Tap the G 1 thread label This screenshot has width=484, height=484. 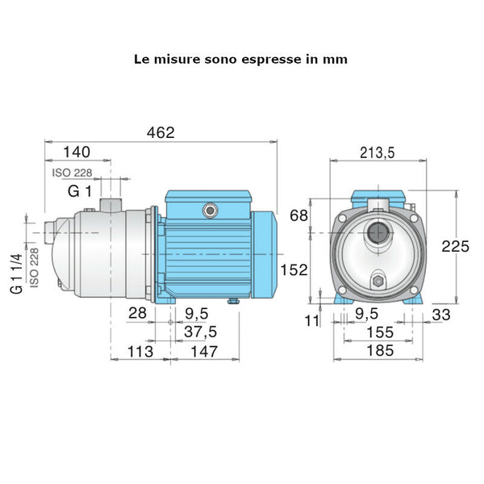pos(79,191)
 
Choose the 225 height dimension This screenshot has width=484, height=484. pos(456,247)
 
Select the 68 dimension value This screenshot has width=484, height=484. pos(298,215)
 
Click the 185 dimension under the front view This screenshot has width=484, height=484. pos(378,351)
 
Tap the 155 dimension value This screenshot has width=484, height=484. pos(378,332)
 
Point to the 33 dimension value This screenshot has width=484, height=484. pos(440,315)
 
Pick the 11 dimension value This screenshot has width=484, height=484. pos(312,321)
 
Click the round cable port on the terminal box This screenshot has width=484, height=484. pos(211,210)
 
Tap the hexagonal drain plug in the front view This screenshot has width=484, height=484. pos(378,282)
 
